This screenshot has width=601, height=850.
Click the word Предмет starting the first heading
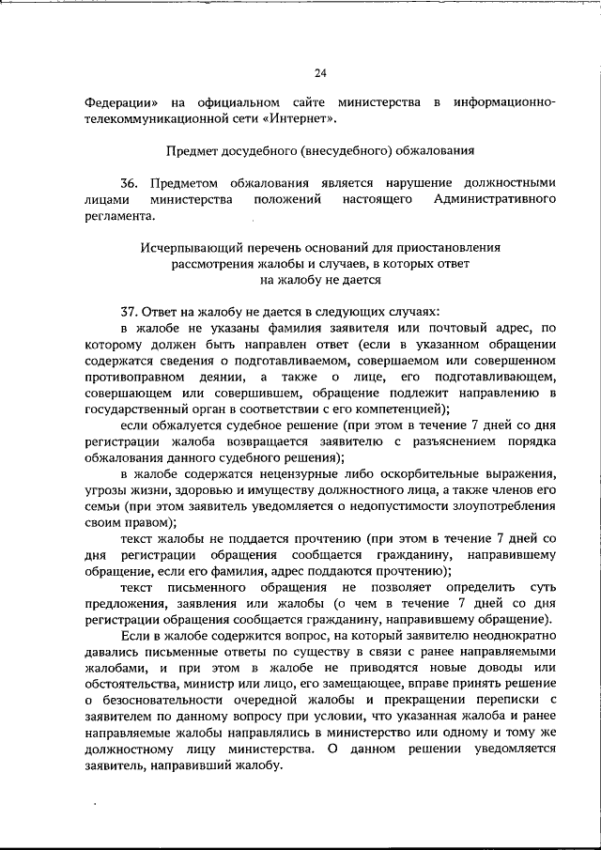tap(192, 150)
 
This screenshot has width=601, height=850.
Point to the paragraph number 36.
tap(131, 183)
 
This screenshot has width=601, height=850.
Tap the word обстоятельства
tap(137, 684)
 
